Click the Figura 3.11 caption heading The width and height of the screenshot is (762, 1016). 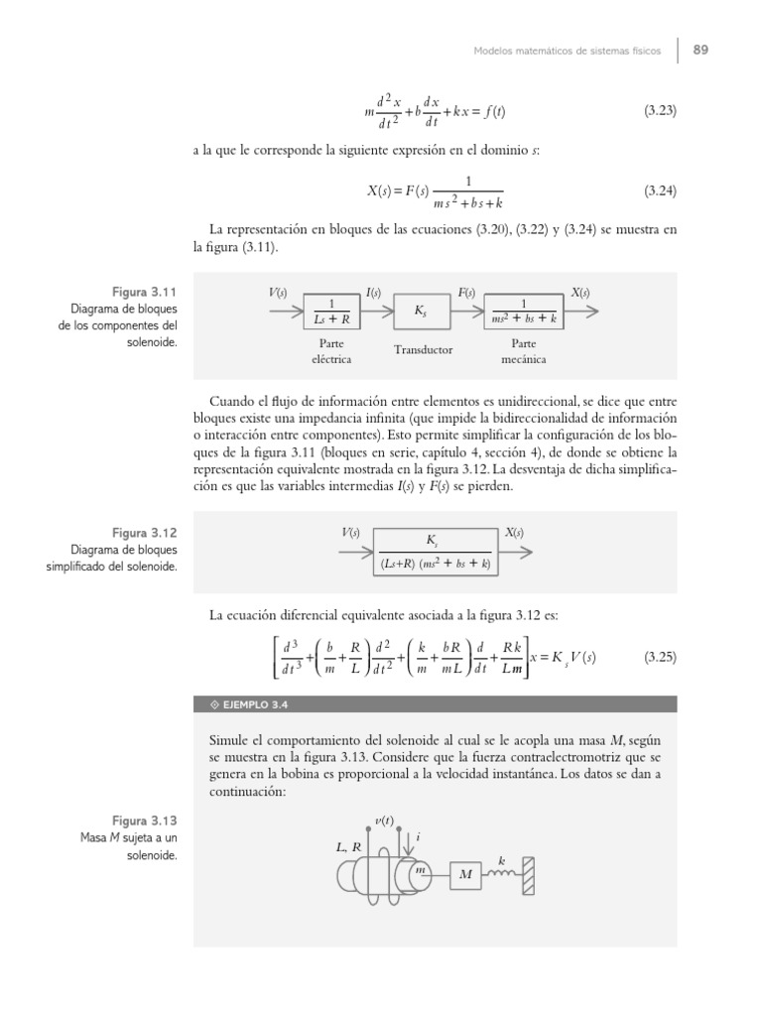coord(144,293)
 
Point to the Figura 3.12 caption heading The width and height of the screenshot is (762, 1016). coord(144,533)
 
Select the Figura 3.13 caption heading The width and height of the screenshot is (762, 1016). coord(144,821)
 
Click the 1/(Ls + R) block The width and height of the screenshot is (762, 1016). coord(332,312)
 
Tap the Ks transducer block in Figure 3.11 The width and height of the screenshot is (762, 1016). coord(422,312)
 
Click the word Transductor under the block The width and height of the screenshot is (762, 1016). coord(423,349)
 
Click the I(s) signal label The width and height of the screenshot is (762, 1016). coord(374,293)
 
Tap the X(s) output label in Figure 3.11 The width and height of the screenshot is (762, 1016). coord(580,293)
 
